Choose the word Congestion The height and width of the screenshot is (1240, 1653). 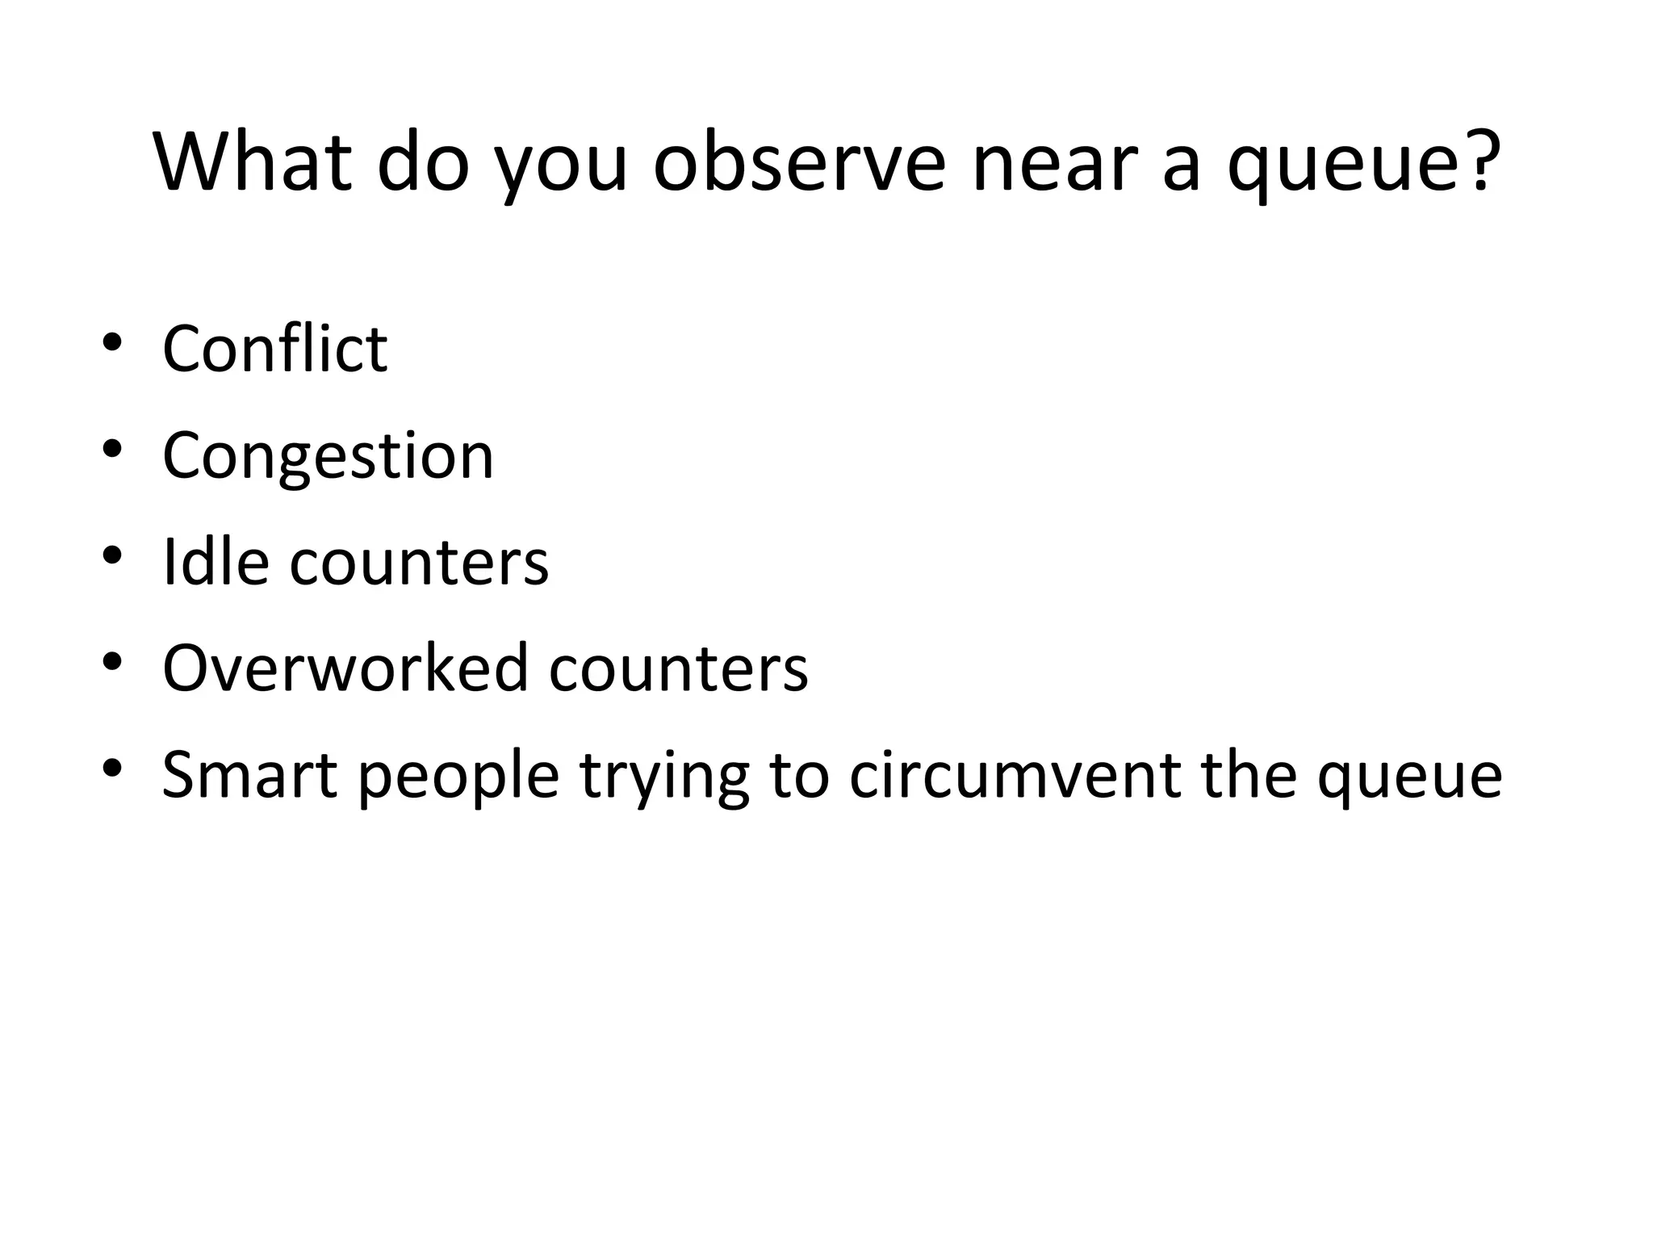point(328,455)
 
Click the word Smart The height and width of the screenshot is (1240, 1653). point(249,774)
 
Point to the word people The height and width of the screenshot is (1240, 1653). point(458,774)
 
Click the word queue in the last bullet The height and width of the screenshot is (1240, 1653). point(1409,774)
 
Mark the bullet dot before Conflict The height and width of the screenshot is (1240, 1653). point(112,342)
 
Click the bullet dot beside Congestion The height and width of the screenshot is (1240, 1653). point(112,449)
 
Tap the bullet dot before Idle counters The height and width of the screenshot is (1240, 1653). point(112,555)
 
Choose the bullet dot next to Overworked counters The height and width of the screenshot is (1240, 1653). point(112,662)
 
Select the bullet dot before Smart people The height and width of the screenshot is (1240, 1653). point(112,768)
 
